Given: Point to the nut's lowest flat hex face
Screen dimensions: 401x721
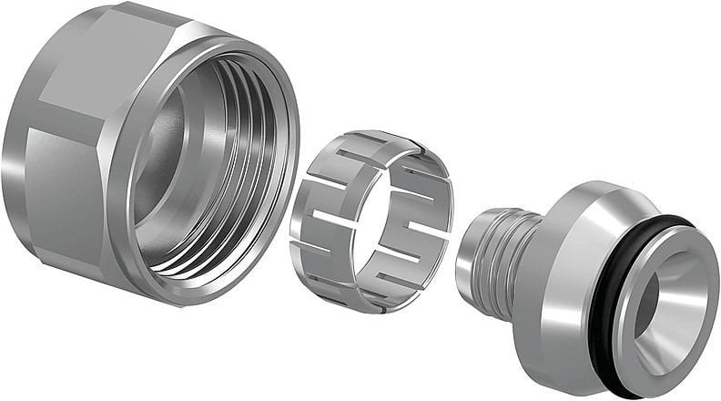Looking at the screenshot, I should click(x=100, y=273).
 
